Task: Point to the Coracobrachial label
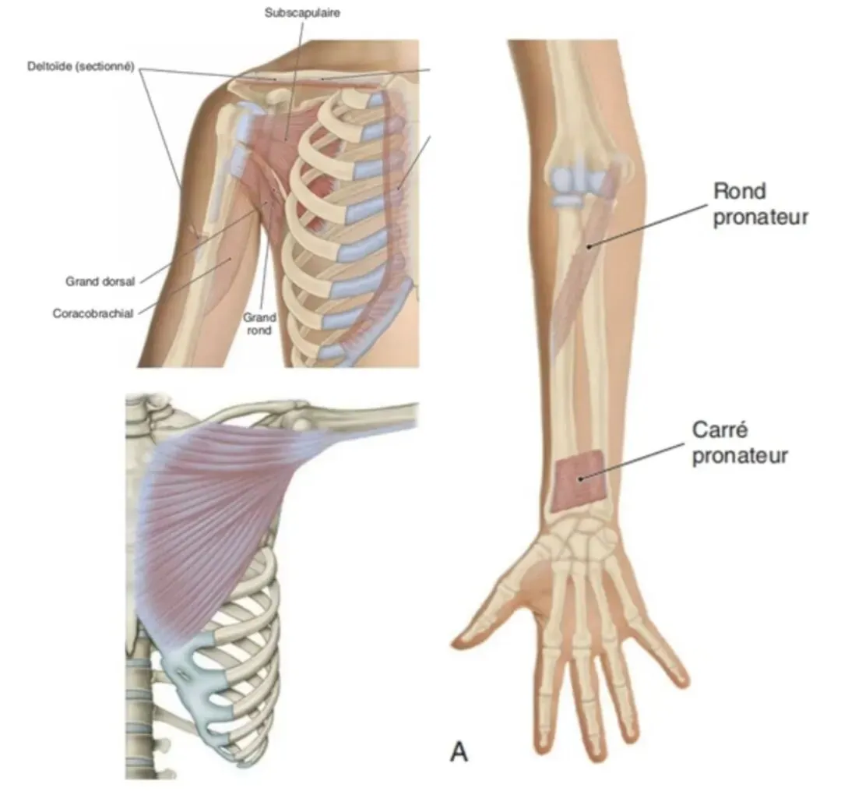pyautogui.click(x=93, y=313)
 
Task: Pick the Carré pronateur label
pyautogui.click(x=739, y=443)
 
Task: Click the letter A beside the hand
pyautogui.click(x=460, y=753)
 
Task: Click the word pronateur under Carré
pyautogui.click(x=739, y=454)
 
